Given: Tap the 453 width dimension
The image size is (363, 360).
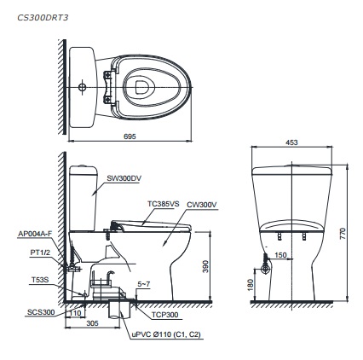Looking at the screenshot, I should pyautogui.click(x=292, y=143).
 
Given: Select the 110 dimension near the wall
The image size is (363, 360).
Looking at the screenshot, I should pyautogui.click(x=78, y=312).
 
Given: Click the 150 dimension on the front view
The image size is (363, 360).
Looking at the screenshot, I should pyautogui.click(x=280, y=254).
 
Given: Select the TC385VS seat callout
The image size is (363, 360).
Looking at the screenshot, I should pyautogui.click(x=163, y=205).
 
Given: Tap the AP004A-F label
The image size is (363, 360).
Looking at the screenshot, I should pyautogui.click(x=34, y=233).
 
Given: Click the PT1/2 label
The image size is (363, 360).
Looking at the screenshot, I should pyautogui.click(x=38, y=252).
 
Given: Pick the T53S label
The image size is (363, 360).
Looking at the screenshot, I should pyautogui.click(x=39, y=279).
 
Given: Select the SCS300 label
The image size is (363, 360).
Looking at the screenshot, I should pyautogui.click(x=40, y=312).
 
